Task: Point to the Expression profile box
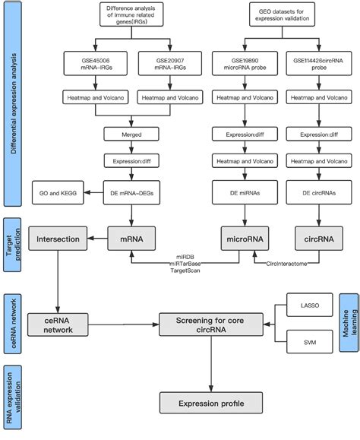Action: click(x=210, y=401)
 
